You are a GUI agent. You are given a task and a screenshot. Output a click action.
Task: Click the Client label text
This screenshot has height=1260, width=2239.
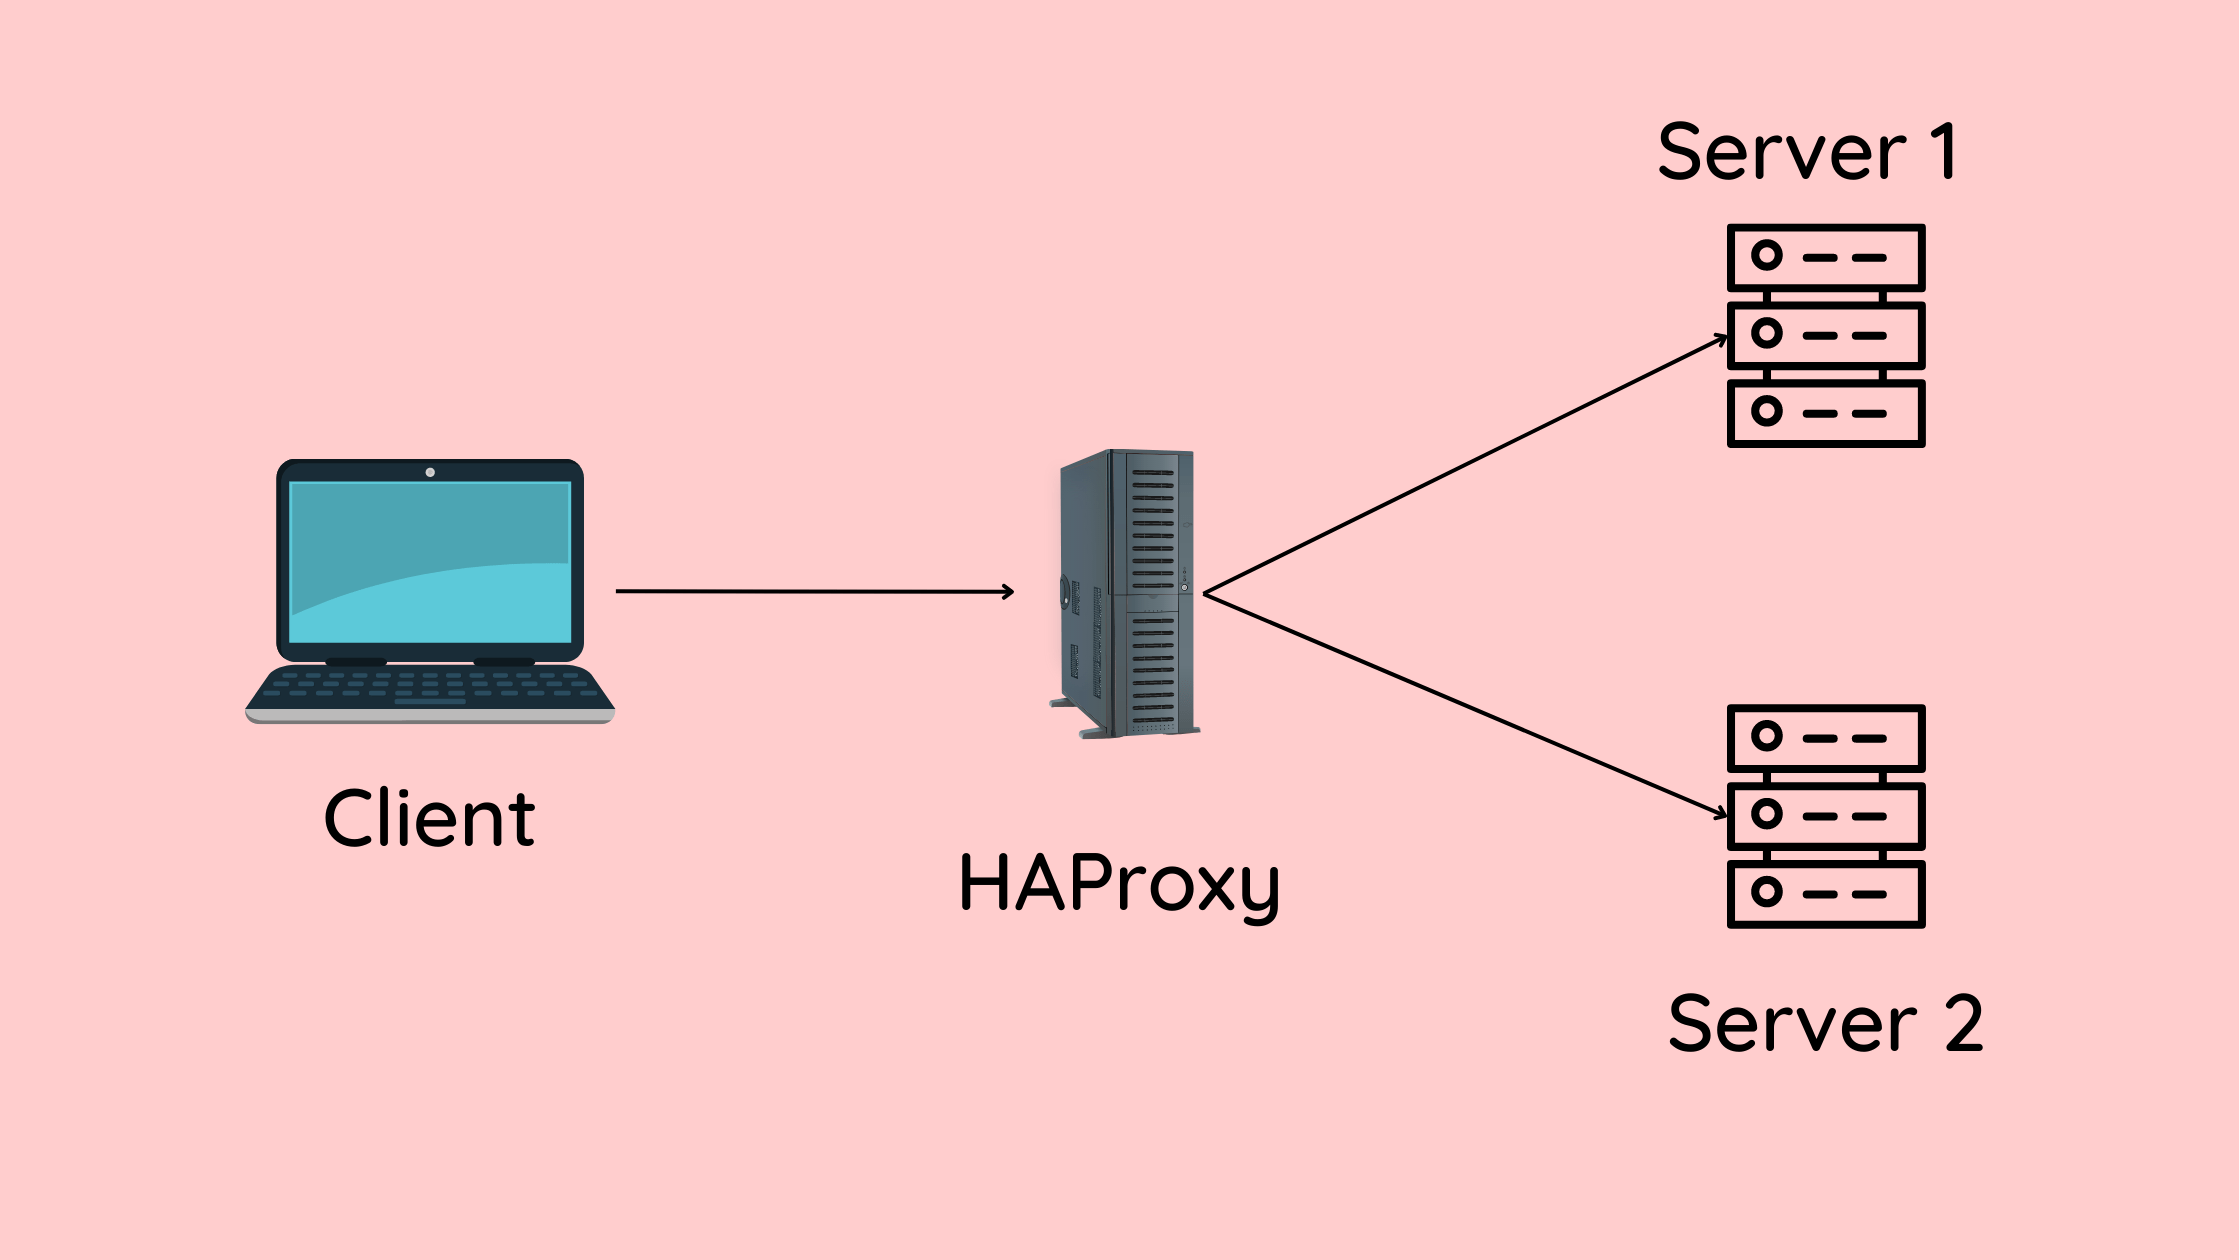tap(429, 818)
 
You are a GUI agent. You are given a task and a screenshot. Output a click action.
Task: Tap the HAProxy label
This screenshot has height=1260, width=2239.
tap(1119, 884)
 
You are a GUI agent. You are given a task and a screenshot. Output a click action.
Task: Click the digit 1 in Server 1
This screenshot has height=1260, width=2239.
tap(1944, 152)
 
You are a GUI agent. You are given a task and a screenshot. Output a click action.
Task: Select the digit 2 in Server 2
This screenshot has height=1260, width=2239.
tap(1964, 1024)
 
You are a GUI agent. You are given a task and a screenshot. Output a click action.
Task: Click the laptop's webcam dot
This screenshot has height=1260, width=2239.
tap(430, 472)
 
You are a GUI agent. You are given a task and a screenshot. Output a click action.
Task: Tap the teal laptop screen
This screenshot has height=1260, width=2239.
tap(430, 562)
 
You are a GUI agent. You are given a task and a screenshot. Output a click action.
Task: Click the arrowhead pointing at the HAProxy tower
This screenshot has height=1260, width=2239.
tap(1009, 592)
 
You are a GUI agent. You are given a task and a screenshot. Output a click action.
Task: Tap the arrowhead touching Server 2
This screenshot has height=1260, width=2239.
tap(1722, 814)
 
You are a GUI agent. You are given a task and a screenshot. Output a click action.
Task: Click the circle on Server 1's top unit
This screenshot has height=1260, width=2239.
tap(1767, 256)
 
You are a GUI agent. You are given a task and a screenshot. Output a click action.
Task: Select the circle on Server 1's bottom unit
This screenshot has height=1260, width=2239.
tap(1767, 411)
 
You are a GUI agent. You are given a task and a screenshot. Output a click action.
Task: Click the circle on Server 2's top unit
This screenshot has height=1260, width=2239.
tap(1767, 737)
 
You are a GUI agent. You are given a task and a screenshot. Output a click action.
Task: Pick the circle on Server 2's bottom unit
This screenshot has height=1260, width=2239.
tap(1767, 892)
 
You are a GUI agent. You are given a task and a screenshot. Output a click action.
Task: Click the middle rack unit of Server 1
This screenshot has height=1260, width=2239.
tap(1826, 335)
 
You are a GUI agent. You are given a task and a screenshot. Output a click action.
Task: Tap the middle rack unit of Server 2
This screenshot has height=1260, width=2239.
tap(1826, 815)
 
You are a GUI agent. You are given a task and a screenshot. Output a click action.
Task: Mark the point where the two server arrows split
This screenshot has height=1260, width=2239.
tap(1206, 594)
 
